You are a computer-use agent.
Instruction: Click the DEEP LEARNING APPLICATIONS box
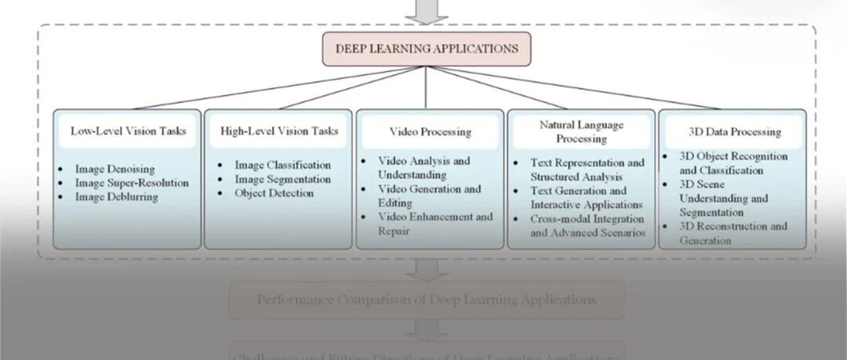[427, 49]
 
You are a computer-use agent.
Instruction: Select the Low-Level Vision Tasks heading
[129, 131]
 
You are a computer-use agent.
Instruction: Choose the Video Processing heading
[430, 132]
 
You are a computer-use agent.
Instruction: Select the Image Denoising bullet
[115, 169]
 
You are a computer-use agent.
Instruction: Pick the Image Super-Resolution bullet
[132, 183]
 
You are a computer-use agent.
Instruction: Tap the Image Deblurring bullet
[117, 197]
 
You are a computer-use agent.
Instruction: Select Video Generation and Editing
[429, 195]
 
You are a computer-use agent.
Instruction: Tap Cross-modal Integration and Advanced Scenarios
[587, 225]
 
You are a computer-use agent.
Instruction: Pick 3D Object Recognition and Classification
[732, 163]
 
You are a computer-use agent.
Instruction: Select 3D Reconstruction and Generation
[732, 233]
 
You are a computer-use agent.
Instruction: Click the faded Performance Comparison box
[427, 300]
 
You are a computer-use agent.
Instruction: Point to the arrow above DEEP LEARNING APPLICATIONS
[427, 11]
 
